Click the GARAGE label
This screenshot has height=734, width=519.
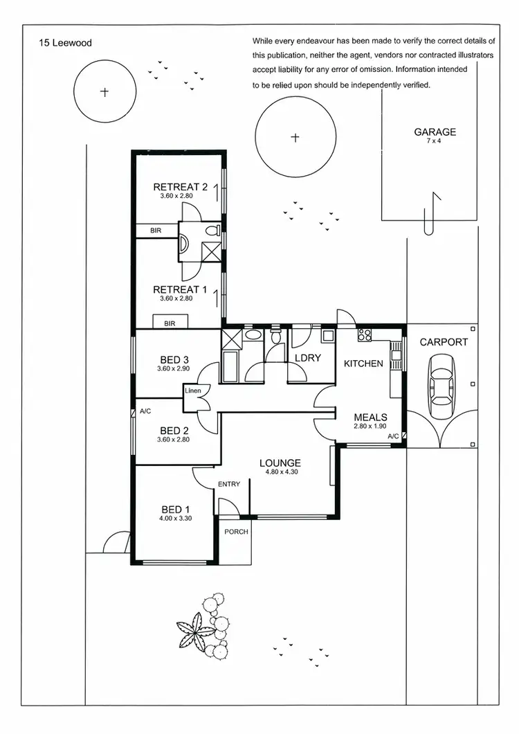(435, 132)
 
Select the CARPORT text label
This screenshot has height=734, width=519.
(444, 342)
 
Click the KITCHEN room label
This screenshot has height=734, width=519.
(363, 363)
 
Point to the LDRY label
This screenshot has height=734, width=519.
(307, 357)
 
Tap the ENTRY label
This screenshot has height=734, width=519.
(229, 484)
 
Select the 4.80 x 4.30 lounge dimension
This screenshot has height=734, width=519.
(280, 472)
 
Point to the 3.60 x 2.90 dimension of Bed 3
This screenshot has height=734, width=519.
(174, 368)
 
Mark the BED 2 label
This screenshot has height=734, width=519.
(174, 430)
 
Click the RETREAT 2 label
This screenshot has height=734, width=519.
(180, 187)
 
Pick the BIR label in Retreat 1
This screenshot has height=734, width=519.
(170, 323)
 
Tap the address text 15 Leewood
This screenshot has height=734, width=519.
(66, 43)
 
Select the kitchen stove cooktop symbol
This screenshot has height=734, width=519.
(364, 336)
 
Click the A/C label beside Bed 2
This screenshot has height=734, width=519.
(145, 411)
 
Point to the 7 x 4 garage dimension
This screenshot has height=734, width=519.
(435, 141)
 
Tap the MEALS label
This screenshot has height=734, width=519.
(370, 417)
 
